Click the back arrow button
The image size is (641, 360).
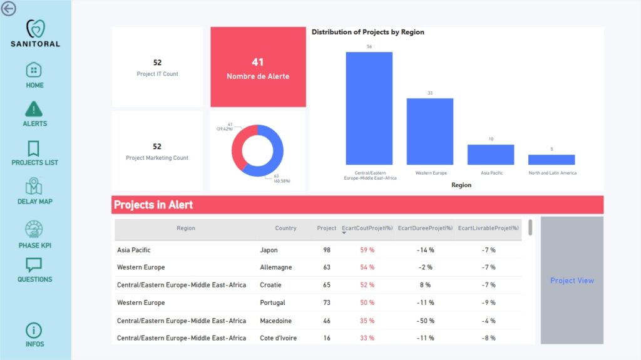pos(9,9)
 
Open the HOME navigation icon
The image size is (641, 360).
pos(34,69)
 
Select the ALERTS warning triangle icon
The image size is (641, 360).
pos(34,108)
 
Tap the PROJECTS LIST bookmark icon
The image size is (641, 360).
pos(34,148)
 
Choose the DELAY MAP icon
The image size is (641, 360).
pos(34,187)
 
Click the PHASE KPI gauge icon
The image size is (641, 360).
pos(34,229)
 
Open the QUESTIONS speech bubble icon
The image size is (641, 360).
pos(34,265)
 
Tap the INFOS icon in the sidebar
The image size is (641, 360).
pos(34,330)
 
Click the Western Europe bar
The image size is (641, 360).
pos(429,131)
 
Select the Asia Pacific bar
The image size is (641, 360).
pos(490,155)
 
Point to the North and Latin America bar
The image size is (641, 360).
pos(551,160)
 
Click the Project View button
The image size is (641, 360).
pos(572,280)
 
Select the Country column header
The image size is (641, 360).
pos(285,229)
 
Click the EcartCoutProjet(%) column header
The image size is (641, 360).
pos(367,229)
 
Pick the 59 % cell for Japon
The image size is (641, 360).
pos(367,250)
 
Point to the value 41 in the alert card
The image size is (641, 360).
pos(258,62)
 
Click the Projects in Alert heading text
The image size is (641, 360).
pos(153,205)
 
